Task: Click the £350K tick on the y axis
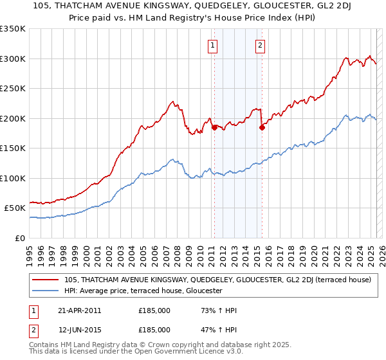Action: (x=13, y=29)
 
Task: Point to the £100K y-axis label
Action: (x=13, y=178)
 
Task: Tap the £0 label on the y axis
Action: (x=19, y=238)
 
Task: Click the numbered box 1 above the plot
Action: (x=212, y=45)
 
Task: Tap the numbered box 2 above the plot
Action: (x=260, y=45)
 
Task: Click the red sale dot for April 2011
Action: (x=214, y=127)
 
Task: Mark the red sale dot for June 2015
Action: (x=262, y=127)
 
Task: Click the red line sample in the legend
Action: (x=46, y=280)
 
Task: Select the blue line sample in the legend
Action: (x=46, y=291)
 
